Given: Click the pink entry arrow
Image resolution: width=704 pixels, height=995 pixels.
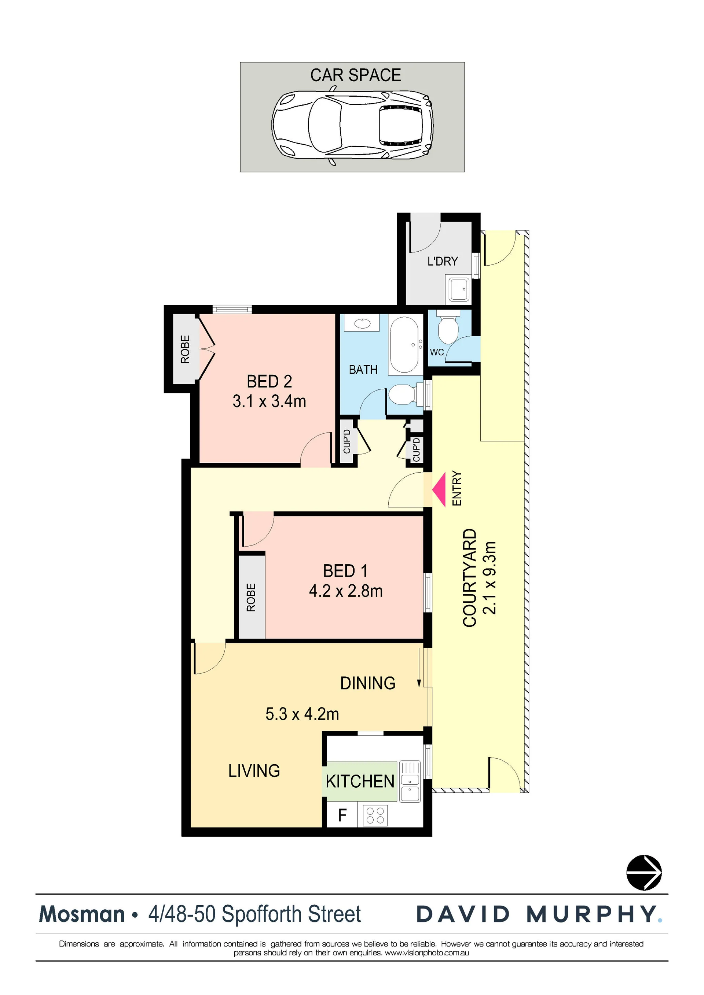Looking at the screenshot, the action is pyautogui.click(x=440, y=490).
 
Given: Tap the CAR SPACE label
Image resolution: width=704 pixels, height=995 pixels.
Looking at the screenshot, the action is pyautogui.click(x=356, y=75).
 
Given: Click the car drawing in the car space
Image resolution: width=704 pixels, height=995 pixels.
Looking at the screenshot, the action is pyautogui.click(x=352, y=125).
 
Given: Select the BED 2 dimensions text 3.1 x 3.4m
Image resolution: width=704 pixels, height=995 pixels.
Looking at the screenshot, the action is pyautogui.click(x=269, y=401).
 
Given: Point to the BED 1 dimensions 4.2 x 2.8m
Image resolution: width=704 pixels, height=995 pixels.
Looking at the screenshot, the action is pyautogui.click(x=346, y=591).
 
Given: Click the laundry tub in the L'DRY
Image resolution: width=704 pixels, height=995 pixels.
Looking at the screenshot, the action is pyautogui.click(x=458, y=289).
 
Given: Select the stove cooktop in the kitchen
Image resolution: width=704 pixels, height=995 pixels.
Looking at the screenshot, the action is pyautogui.click(x=375, y=815).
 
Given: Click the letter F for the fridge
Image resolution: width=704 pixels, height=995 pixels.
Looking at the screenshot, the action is pyautogui.click(x=342, y=815).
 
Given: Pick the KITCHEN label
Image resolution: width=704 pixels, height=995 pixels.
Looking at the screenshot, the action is pyautogui.click(x=360, y=781).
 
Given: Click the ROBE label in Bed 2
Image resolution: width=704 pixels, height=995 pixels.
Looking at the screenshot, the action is pyautogui.click(x=185, y=349).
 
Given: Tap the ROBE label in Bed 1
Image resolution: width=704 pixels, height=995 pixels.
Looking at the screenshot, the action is pyautogui.click(x=251, y=597).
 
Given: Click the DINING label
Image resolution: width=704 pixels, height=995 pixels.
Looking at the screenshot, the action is pyautogui.click(x=368, y=683).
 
